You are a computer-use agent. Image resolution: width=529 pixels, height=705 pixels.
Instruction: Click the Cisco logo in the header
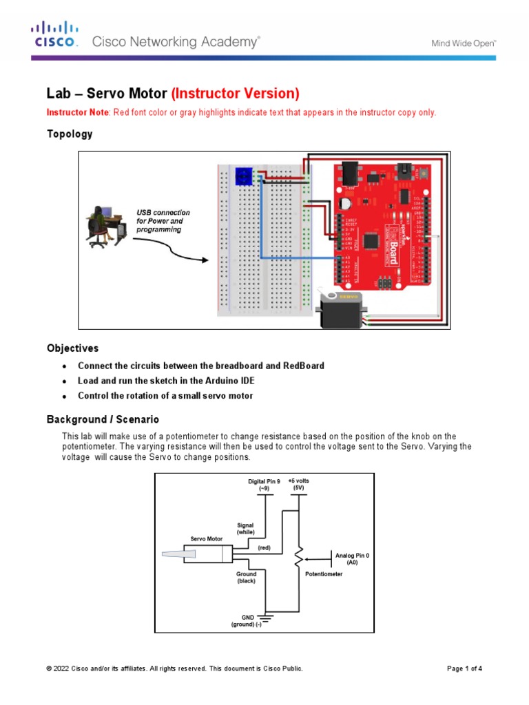coord(55,34)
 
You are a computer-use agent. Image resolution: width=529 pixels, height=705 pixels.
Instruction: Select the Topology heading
coord(69,134)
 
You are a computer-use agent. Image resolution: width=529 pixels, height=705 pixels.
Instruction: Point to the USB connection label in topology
coord(163,221)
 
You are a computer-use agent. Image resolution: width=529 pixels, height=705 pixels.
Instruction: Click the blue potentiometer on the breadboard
coord(242,176)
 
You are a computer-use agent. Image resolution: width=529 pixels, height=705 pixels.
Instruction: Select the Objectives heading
coord(72,348)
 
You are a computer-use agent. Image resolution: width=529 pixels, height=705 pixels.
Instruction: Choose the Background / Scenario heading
coord(103,419)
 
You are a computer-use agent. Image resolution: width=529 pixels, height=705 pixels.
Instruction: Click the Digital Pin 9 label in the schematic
coord(264,485)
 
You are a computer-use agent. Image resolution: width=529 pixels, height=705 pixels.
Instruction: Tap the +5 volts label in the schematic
coord(298,485)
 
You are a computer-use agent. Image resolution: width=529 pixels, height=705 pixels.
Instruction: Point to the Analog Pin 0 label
coord(352,558)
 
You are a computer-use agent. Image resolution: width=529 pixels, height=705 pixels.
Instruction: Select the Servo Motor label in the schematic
coord(205,538)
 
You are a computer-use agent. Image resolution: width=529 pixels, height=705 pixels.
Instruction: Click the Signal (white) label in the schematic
coord(246,529)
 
